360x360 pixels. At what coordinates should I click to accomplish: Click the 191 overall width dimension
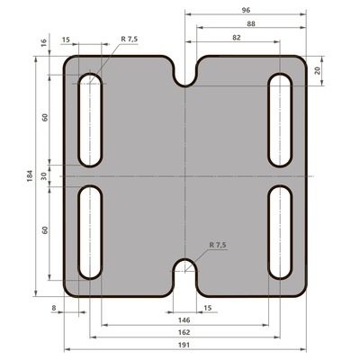click(184, 345)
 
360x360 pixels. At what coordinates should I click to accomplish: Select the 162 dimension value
click(184, 332)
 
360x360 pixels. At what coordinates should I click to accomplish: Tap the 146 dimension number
click(184, 320)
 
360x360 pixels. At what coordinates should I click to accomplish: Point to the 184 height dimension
click(30, 175)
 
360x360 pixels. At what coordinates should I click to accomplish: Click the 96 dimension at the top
click(246, 10)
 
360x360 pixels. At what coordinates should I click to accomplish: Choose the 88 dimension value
click(251, 23)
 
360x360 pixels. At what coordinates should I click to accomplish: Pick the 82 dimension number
click(237, 38)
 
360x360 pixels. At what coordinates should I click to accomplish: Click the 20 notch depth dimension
click(318, 71)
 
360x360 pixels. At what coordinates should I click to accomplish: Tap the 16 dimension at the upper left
click(44, 42)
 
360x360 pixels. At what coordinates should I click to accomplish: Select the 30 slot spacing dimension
click(44, 176)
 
